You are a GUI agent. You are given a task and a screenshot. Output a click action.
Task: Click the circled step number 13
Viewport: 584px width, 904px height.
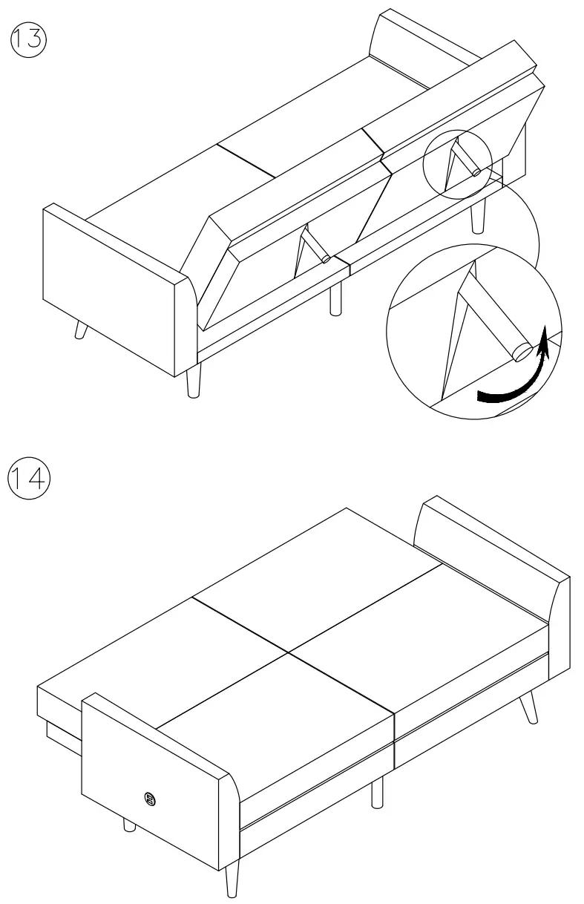(x=27, y=37)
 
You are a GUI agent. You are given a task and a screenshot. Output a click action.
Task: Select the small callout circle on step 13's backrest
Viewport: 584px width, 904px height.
(x=457, y=164)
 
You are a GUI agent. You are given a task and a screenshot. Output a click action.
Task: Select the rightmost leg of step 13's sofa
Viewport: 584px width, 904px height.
(x=479, y=216)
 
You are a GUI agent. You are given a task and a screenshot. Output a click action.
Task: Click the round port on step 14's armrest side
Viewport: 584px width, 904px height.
(x=148, y=799)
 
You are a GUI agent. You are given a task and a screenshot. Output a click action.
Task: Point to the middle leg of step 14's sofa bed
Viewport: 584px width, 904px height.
(x=378, y=792)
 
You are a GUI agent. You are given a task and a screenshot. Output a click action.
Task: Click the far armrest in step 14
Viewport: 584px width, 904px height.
(x=490, y=546)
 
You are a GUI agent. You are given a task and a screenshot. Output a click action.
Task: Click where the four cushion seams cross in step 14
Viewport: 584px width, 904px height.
(x=288, y=652)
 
